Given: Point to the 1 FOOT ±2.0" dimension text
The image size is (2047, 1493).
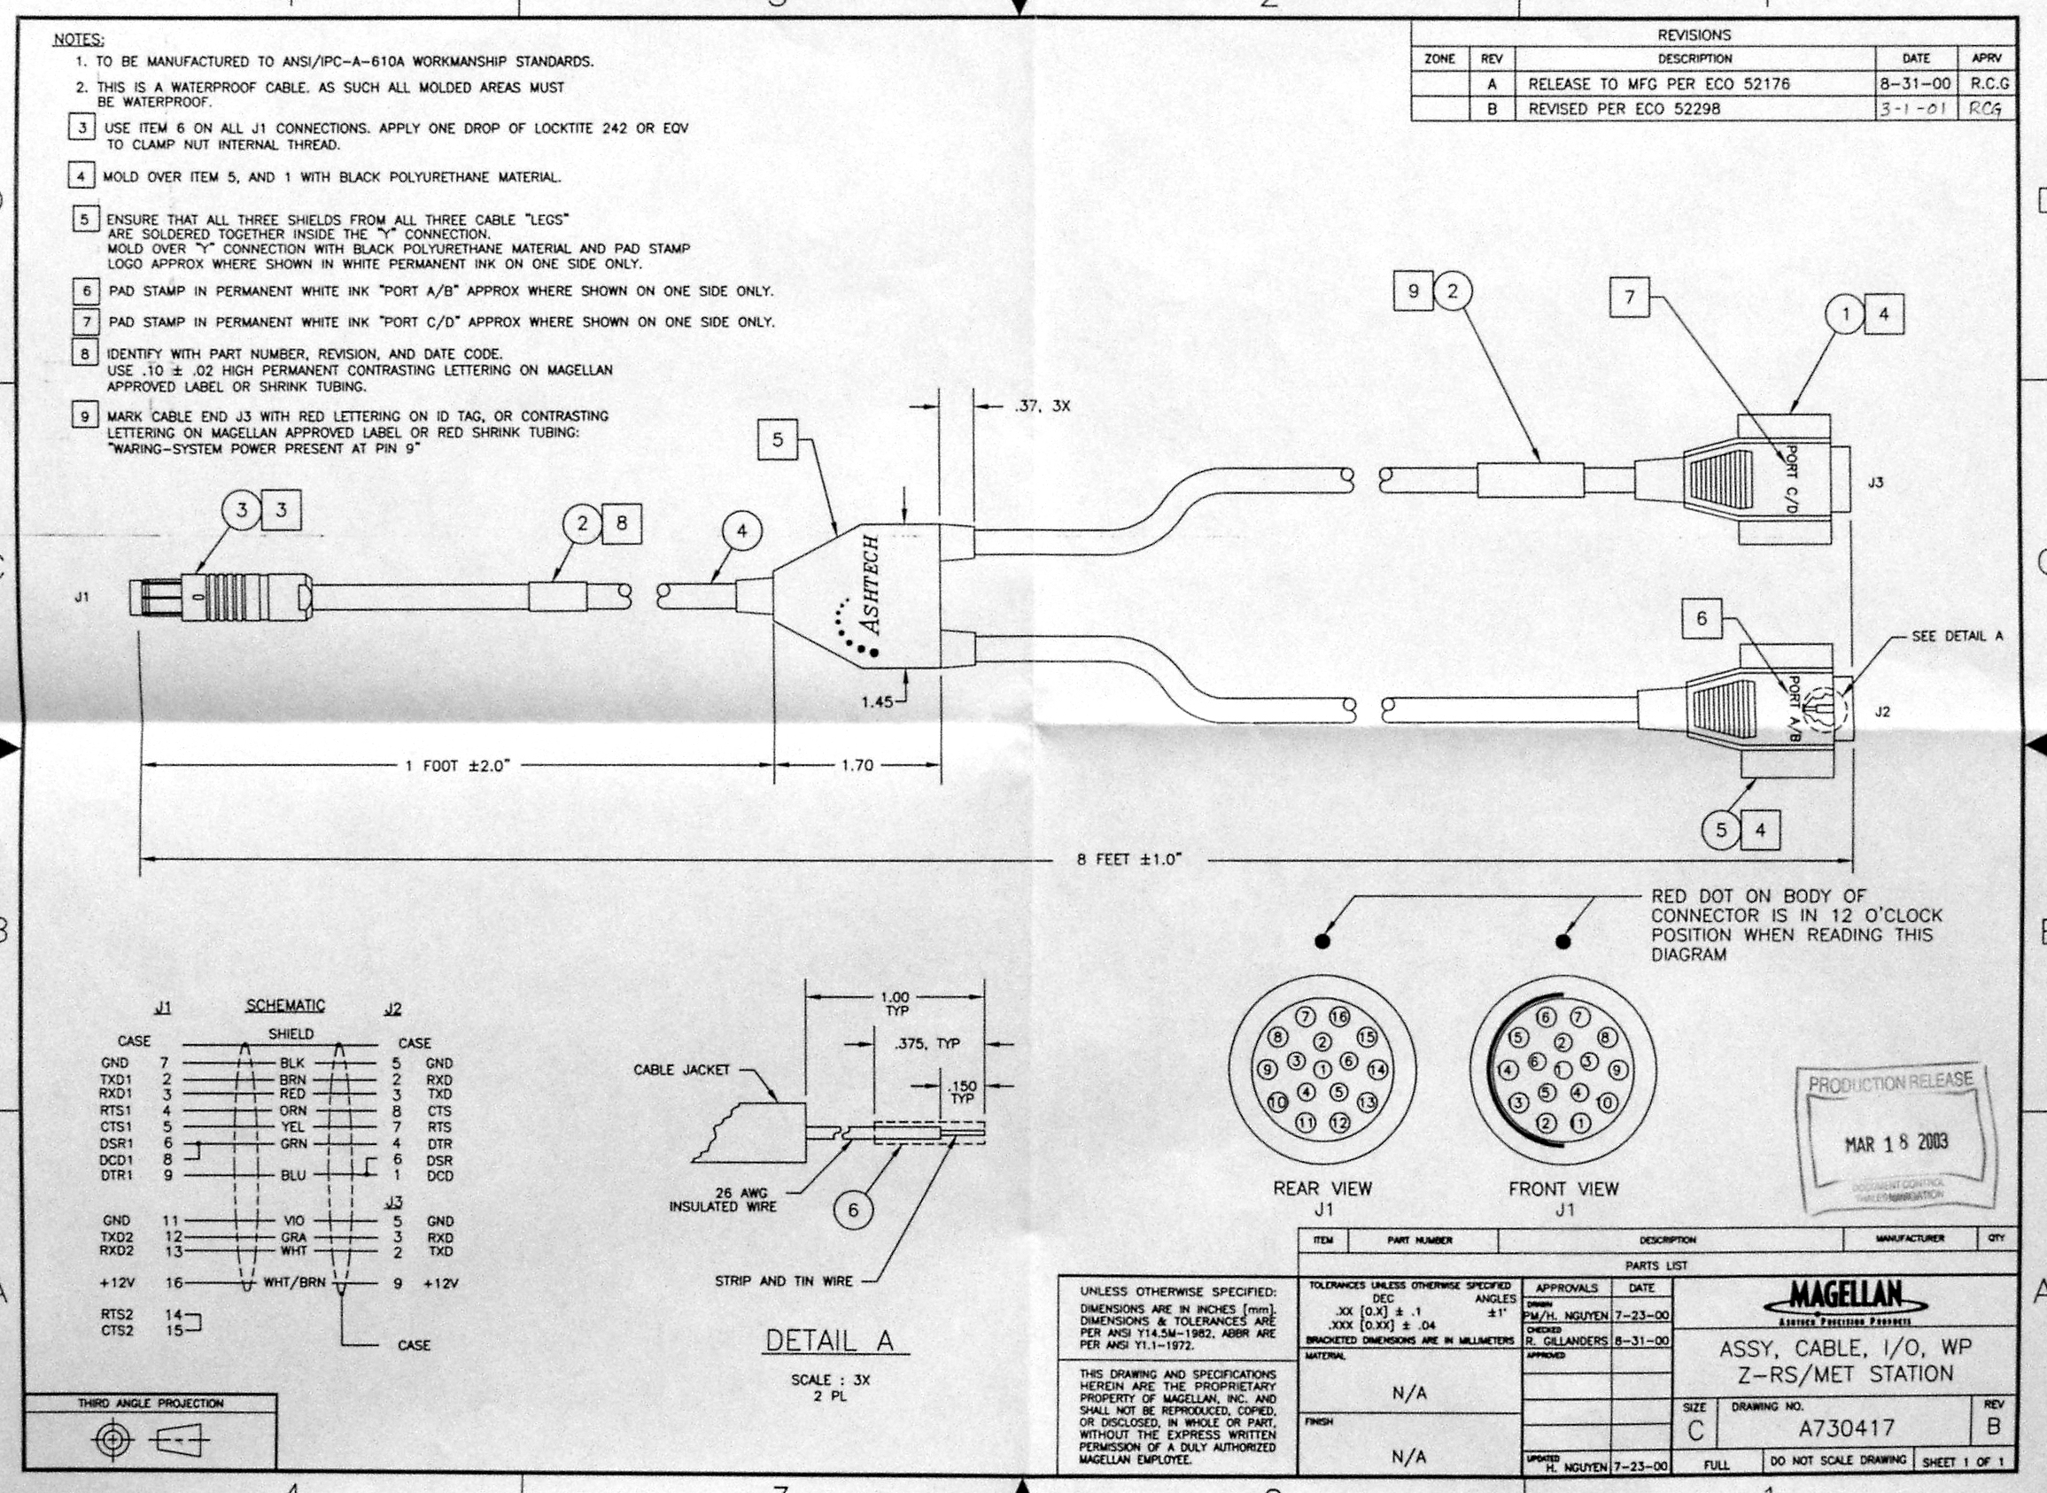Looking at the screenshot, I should (x=457, y=766).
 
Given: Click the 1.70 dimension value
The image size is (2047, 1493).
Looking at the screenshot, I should (x=857, y=766).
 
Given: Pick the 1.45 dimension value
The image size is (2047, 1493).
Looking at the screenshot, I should (x=877, y=700).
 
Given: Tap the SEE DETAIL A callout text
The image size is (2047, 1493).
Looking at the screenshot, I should (x=1957, y=636).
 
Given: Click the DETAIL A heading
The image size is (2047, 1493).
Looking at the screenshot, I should (x=829, y=1342).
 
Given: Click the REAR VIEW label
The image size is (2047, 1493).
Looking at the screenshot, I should (x=1322, y=1188).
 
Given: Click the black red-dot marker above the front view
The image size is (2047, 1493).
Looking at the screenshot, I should (x=1562, y=941).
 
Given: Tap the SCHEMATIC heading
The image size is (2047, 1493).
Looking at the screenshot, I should (x=284, y=1006).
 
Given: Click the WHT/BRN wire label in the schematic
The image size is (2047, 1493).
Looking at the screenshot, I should (x=295, y=1281).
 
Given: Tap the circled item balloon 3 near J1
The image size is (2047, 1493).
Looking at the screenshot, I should (x=240, y=510).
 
